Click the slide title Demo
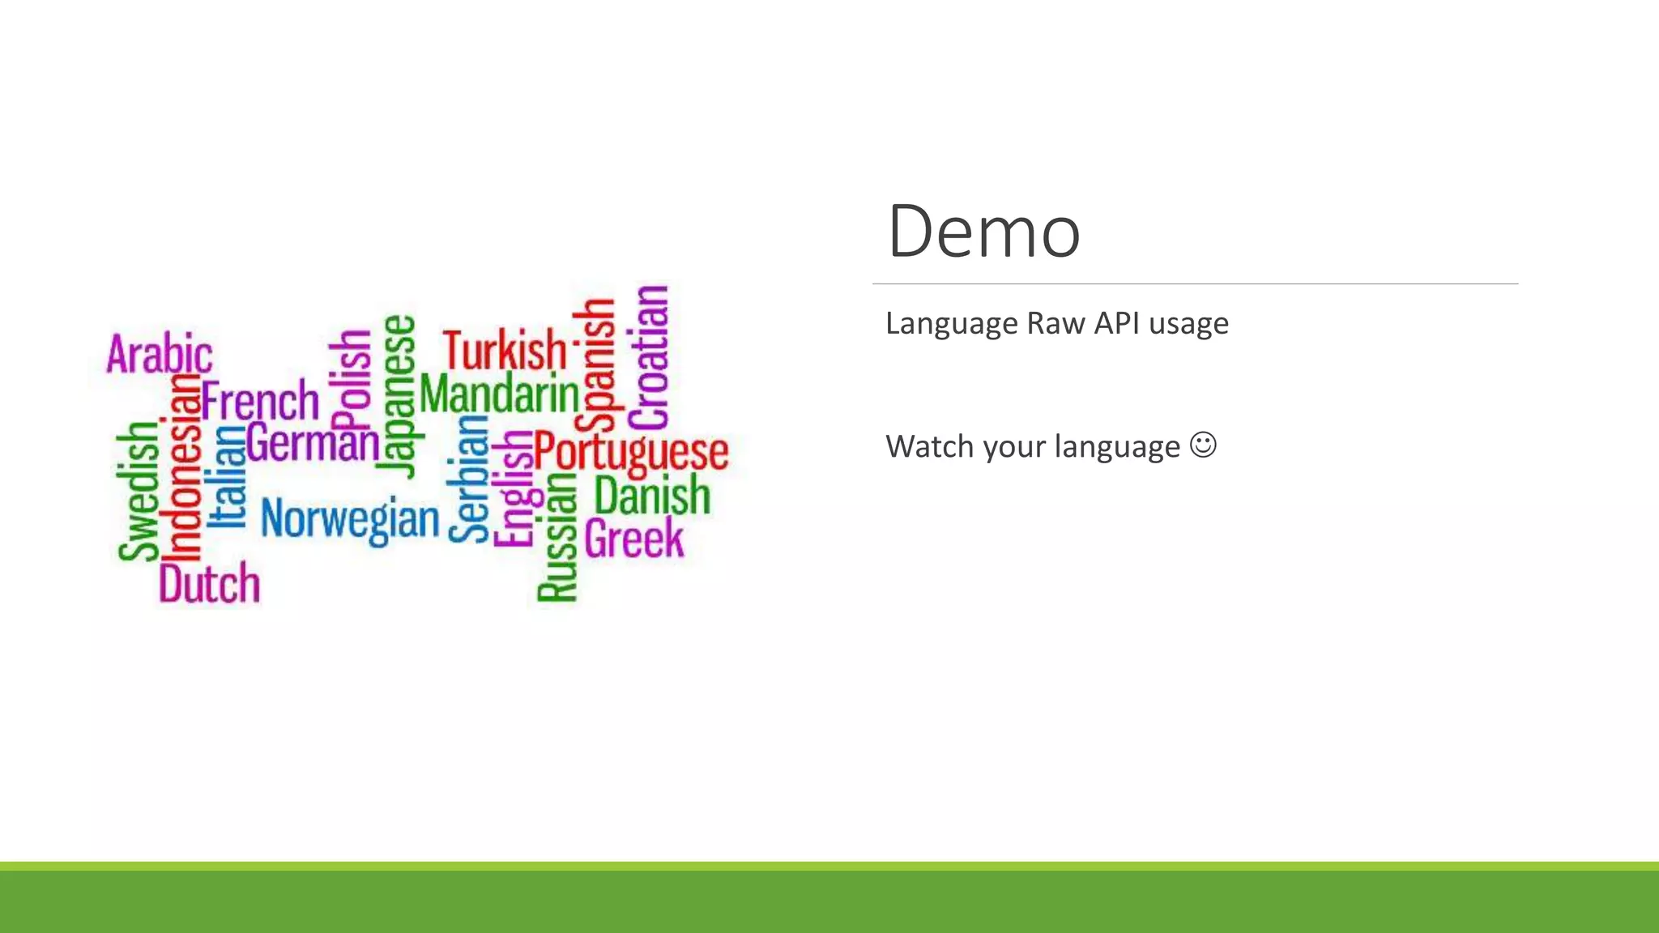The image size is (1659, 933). pyautogui.click(x=983, y=232)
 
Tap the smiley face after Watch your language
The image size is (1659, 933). pyautogui.click(x=1203, y=445)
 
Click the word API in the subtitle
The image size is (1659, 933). pyautogui.click(x=1116, y=323)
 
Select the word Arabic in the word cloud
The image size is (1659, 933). pyautogui.click(x=160, y=354)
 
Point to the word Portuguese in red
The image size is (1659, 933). pyautogui.click(x=631, y=451)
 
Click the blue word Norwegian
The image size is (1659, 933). pyautogui.click(x=350, y=518)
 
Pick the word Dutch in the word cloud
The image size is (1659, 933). pyautogui.click(x=209, y=583)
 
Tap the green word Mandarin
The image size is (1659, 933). pyautogui.click(x=500, y=394)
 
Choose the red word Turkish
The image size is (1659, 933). pyautogui.click(x=504, y=350)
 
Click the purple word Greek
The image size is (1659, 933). pyautogui.click(x=634, y=539)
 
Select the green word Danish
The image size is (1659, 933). pyautogui.click(x=652, y=495)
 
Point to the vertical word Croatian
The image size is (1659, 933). pyautogui.click(x=650, y=357)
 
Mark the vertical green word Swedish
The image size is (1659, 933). pyautogui.click(x=138, y=491)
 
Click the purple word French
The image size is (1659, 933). pyautogui.click(x=260, y=400)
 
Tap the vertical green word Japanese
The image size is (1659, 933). pyautogui.click(x=399, y=396)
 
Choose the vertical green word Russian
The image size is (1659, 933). pyautogui.click(x=557, y=538)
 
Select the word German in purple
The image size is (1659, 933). pyautogui.click(x=313, y=444)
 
